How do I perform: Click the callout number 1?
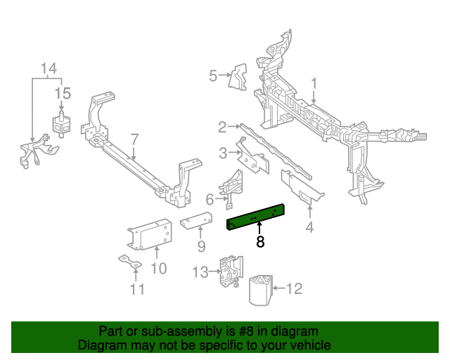314,84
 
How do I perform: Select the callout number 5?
213,75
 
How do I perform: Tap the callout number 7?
134,139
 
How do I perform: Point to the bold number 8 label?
260,243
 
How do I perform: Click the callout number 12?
295,288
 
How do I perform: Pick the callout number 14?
48,68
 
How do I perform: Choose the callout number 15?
63,93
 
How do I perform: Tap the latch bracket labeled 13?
229,271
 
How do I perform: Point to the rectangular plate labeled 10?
149,235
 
